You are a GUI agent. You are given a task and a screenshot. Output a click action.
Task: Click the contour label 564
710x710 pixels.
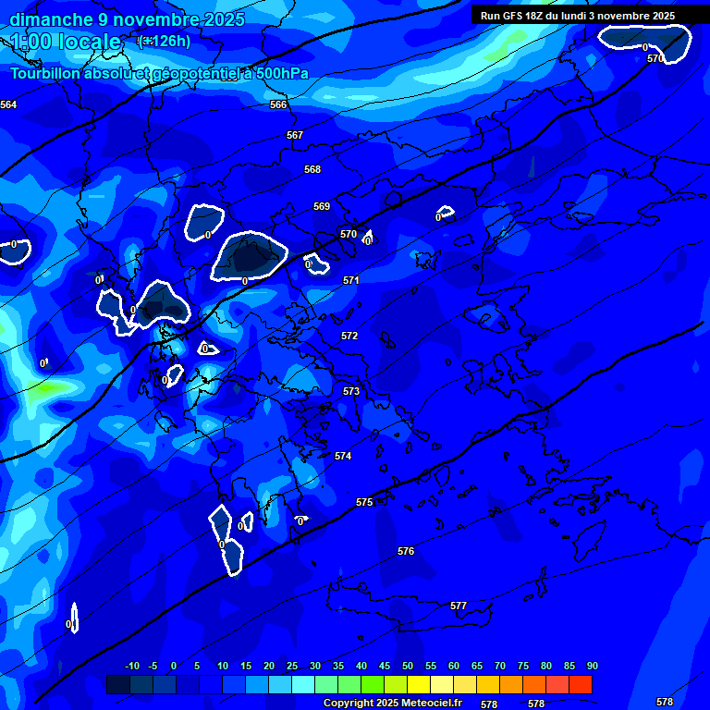pyautogui.click(x=8, y=104)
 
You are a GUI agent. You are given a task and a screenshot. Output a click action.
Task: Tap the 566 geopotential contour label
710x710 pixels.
pyautogui.click(x=278, y=104)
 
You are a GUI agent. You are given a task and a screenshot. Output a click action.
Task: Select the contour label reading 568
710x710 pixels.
pyautogui.click(x=312, y=169)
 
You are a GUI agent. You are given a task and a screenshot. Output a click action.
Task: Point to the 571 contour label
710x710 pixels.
pyautogui.click(x=351, y=280)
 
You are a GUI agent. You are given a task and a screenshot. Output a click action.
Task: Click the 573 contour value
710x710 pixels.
pyautogui.click(x=351, y=391)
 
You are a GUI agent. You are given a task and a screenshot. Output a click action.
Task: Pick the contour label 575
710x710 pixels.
pyautogui.click(x=364, y=502)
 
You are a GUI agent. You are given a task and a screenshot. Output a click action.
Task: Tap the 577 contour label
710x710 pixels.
pyautogui.click(x=459, y=606)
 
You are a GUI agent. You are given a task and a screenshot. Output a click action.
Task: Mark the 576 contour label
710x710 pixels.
pyautogui.click(x=406, y=551)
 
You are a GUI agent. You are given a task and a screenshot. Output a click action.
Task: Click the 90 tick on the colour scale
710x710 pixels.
pyautogui.click(x=592, y=666)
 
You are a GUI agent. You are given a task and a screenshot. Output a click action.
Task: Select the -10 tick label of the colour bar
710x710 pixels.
pyautogui.click(x=131, y=666)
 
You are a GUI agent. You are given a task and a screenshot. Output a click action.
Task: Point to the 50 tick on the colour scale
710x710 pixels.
pyautogui.click(x=408, y=666)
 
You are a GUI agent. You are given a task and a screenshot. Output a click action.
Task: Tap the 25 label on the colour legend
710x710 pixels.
pyautogui.click(x=292, y=666)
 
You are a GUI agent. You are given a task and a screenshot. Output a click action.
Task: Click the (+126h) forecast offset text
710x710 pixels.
pyautogui.click(x=165, y=41)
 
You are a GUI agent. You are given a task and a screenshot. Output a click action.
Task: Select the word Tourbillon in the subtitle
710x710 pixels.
pyautogui.click(x=47, y=73)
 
